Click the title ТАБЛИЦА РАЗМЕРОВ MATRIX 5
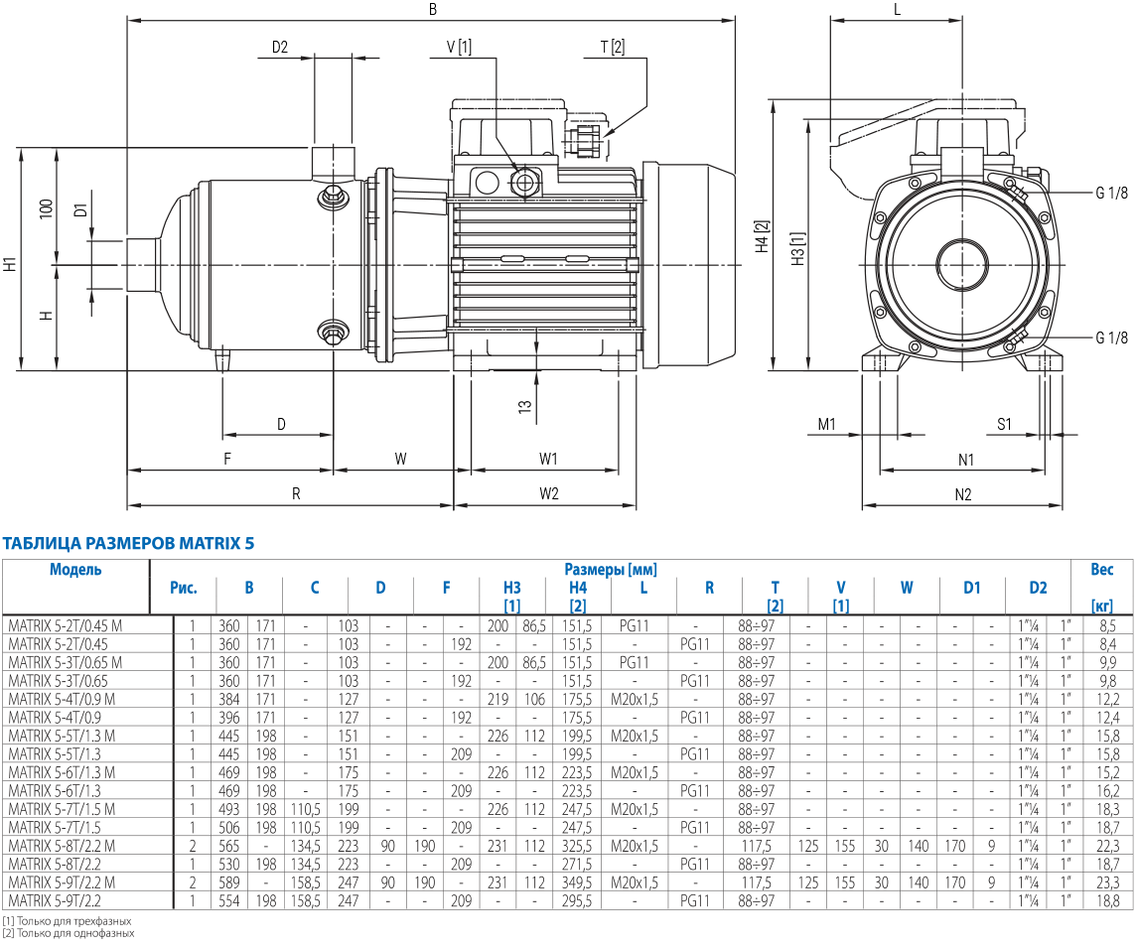[x=129, y=544]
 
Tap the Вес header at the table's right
[x=1102, y=570]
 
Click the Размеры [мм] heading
[x=611, y=570]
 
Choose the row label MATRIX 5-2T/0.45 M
[x=65, y=626]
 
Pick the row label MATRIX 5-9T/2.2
[x=55, y=900]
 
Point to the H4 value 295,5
[x=577, y=900]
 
